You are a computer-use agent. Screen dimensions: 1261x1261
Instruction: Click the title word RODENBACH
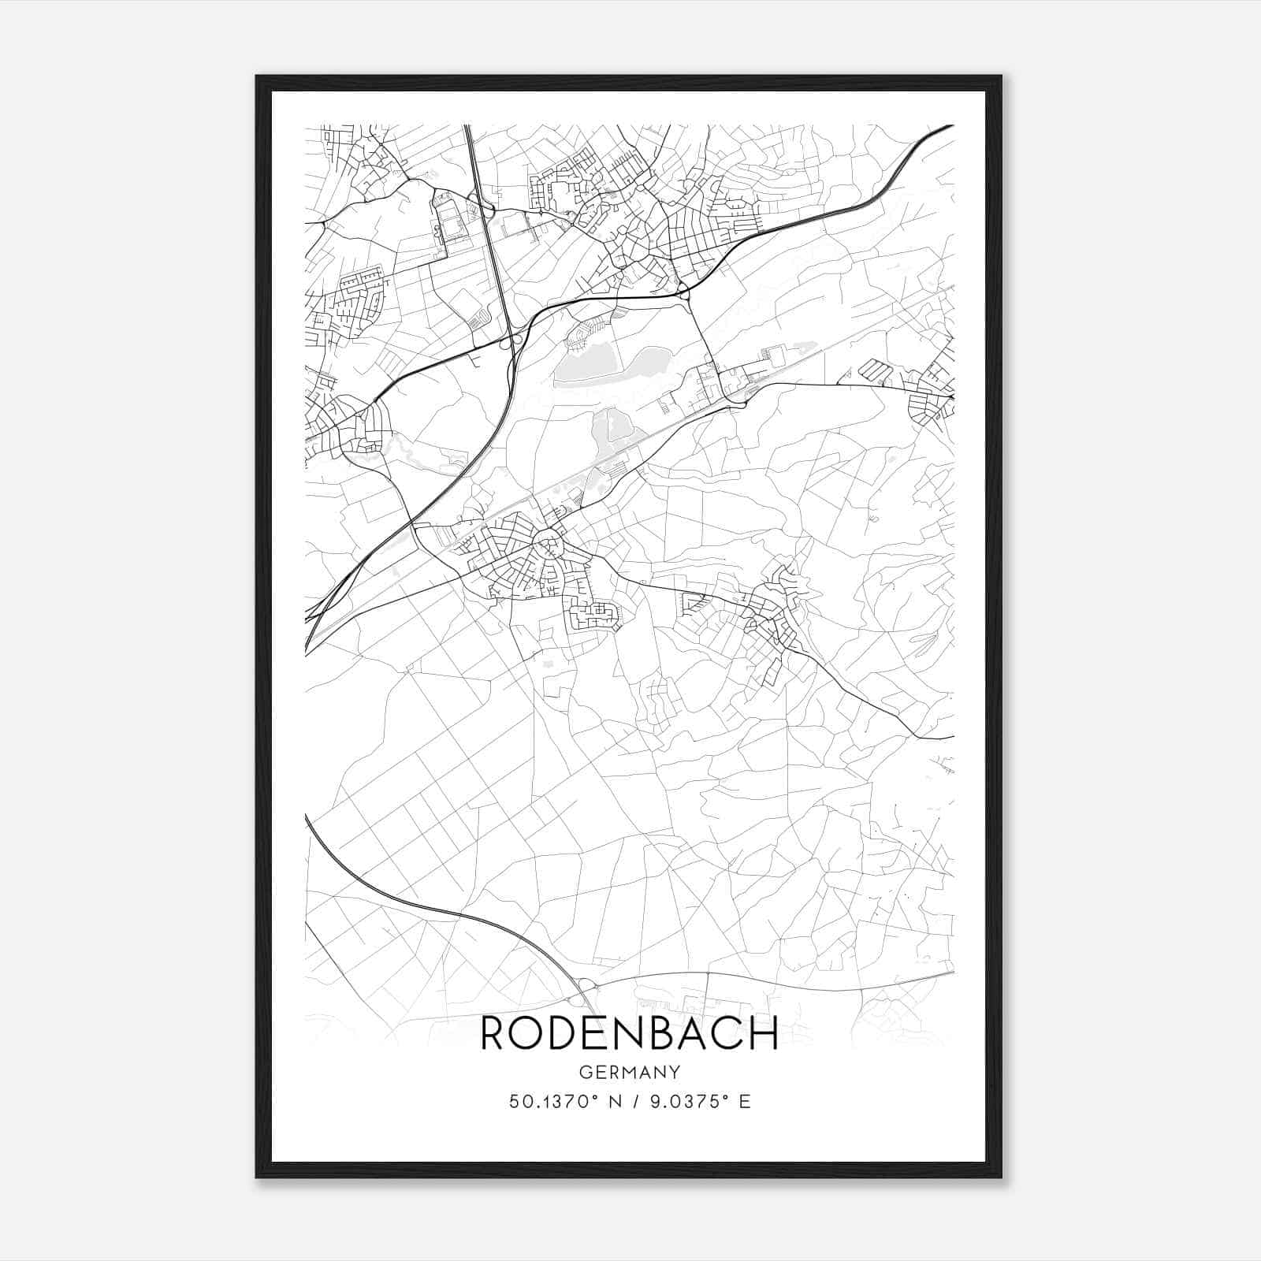pos(630,1033)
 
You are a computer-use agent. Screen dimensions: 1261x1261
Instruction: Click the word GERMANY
pos(630,1073)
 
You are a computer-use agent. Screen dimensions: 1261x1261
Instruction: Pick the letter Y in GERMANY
pos(675,1073)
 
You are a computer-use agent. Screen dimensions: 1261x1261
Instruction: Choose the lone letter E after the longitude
pos(745,1101)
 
